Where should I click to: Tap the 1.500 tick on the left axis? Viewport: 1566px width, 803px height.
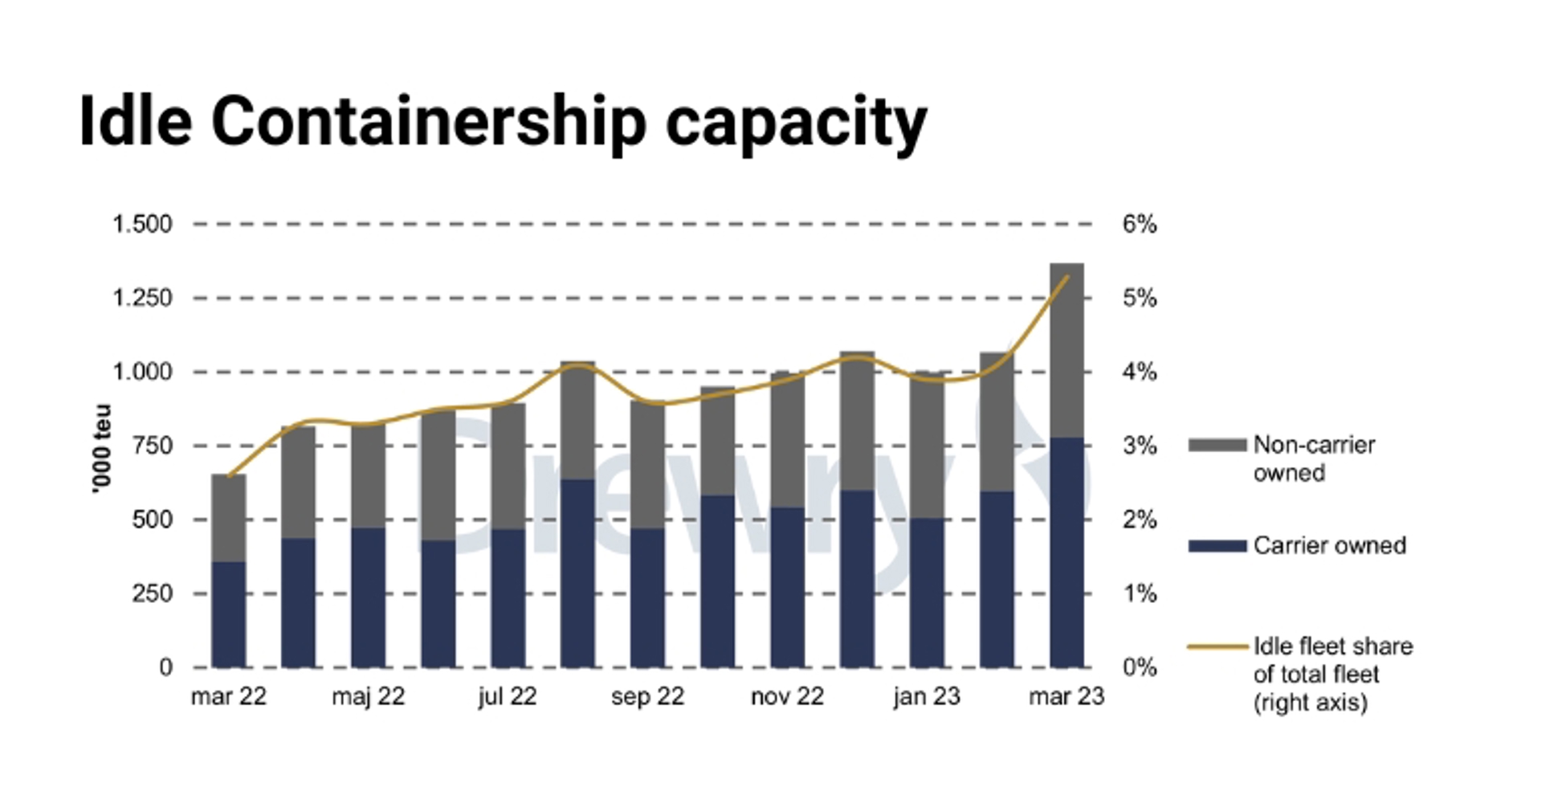click(x=142, y=224)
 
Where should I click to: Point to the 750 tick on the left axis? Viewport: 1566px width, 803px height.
click(x=153, y=446)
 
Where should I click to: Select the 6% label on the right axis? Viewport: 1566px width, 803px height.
click(x=1139, y=224)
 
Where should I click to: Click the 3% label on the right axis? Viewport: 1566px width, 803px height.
click(x=1139, y=446)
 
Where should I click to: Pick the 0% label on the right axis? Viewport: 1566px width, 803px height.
click(x=1139, y=667)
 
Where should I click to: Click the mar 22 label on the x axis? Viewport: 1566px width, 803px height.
click(x=228, y=696)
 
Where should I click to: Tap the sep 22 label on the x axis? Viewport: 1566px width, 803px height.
click(x=647, y=696)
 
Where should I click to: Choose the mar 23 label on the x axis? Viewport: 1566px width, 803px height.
click(x=1066, y=696)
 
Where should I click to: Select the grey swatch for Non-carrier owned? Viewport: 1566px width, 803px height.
click(x=1217, y=445)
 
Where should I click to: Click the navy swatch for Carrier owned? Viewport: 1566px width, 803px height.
click(x=1217, y=546)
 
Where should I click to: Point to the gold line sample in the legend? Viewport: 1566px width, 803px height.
click(x=1217, y=646)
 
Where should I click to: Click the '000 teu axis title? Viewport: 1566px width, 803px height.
click(x=102, y=448)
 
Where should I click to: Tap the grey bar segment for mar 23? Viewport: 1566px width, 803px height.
click(x=1066, y=350)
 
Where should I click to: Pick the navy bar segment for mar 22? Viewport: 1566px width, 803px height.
click(x=228, y=614)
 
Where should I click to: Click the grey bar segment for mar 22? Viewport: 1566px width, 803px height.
click(x=228, y=518)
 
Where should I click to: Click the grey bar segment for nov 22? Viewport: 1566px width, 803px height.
click(x=787, y=440)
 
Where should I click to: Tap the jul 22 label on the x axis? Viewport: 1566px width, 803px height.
click(x=508, y=696)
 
